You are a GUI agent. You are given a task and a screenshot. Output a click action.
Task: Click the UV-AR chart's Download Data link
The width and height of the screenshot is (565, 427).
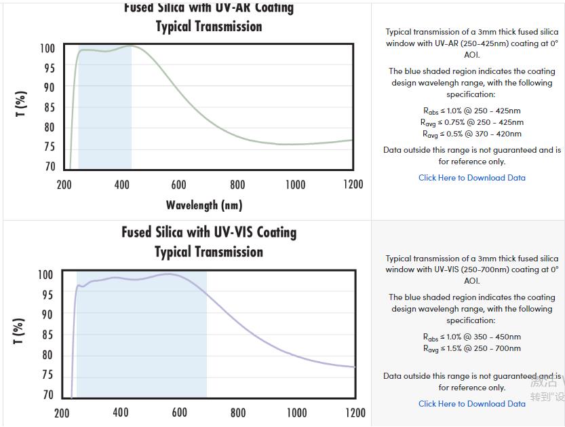coord(471,178)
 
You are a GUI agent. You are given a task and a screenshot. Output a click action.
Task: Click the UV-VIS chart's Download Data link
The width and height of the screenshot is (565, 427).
coord(471,404)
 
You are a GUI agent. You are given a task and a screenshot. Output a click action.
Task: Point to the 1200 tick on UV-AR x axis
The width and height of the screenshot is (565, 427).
coord(353,184)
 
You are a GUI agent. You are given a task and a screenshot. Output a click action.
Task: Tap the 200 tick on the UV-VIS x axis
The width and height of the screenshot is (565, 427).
coord(62,413)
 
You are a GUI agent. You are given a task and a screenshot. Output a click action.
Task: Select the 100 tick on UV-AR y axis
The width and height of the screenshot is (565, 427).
coord(47,49)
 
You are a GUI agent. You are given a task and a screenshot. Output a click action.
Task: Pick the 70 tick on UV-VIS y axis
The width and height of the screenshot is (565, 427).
coord(47,395)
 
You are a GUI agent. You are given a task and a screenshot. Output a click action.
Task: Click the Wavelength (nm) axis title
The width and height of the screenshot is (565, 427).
coord(204,204)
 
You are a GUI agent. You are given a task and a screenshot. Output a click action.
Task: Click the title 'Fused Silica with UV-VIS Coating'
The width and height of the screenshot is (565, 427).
coord(209,232)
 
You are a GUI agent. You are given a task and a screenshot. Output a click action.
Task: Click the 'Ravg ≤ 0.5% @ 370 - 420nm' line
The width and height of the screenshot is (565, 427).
coord(471,134)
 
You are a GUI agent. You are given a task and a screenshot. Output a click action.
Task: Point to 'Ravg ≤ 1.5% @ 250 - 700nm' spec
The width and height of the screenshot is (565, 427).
coord(471,349)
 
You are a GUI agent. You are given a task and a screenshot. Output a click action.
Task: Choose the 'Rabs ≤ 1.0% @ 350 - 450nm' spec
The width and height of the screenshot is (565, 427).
coord(471,337)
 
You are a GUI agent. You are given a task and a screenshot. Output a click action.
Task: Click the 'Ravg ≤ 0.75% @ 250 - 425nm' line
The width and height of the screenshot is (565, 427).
coord(471,123)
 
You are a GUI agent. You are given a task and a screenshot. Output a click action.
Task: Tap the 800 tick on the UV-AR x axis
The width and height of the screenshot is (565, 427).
coord(237,184)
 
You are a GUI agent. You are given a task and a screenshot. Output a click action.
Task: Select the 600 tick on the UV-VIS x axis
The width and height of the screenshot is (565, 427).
coord(179,413)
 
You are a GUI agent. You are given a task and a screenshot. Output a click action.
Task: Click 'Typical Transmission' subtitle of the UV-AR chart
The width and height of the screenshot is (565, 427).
coord(209,26)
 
